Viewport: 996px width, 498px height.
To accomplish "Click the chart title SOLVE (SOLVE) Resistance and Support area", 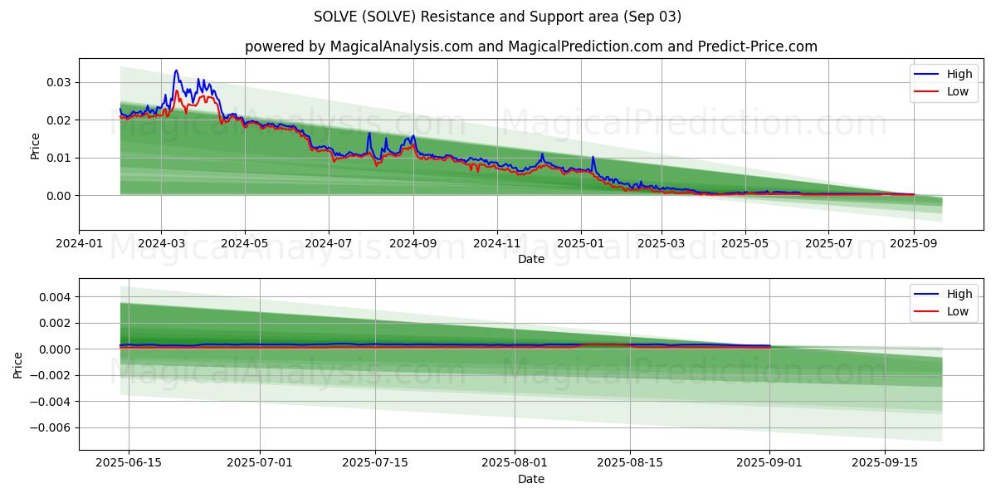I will coord(497,17).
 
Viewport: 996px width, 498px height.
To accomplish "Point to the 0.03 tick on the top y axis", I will coord(58,82).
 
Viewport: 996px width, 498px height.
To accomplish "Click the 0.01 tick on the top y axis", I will coord(58,158).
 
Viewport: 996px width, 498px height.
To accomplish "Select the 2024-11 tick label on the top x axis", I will coord(497,244).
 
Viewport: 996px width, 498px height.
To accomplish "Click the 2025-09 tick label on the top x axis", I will coord(913,244).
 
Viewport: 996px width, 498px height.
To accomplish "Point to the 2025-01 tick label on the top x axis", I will coord(581,244).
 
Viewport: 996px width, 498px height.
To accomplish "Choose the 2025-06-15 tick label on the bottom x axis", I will coord(129,463).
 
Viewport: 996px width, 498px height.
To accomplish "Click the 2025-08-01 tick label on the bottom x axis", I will coord(515,463).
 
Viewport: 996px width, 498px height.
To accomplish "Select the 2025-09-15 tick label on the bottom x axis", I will coord(885,463).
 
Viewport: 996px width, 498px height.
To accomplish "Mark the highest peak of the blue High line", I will coord(176,71).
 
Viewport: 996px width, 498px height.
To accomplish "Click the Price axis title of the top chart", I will coord(35,146).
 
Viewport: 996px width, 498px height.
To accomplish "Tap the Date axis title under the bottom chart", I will coord(531,479).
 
